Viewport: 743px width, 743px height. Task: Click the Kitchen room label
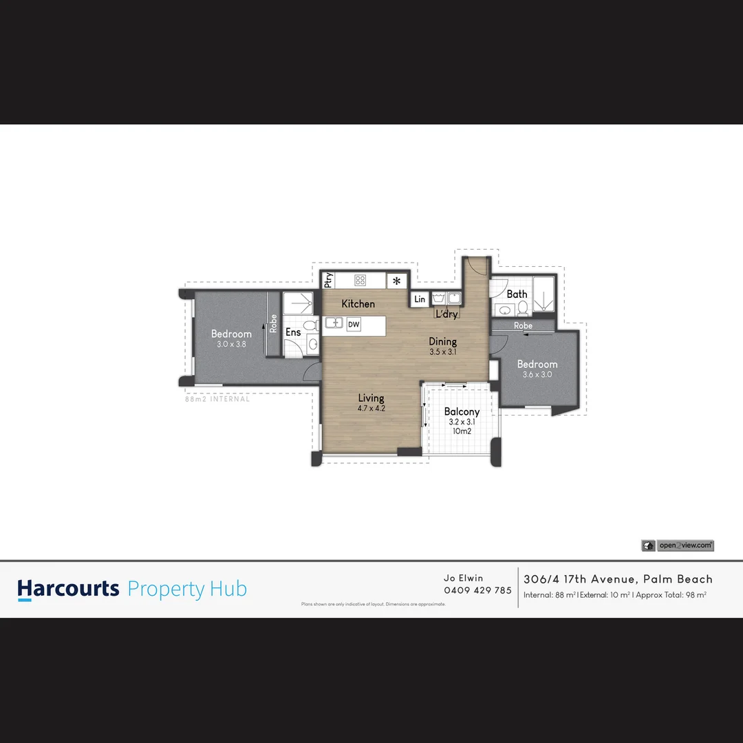pyautogui.click(x=358, y=304)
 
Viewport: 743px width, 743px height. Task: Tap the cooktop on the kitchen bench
pyautogui.click(x=360, y=280)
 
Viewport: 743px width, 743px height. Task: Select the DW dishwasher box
pyautogui.click(x=354, y=324)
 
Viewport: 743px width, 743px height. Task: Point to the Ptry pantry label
pyautogui.click(x=329, y=280)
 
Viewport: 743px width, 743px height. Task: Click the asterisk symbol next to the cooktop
pyautogui.click(x=397, y=281)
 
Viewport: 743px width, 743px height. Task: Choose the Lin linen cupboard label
pyautogui.click(x=420, y=299)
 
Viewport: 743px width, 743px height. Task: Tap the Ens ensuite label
pyautogui.click(x=293, y=333)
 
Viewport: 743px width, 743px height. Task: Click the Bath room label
pyautogui.click(x=517, y=294)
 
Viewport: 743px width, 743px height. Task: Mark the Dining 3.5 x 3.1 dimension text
pyautogui.click(x=443, y=352)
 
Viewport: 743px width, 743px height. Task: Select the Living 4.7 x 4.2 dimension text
pyautogui.click(x=371, y=408)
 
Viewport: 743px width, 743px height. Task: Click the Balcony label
pyautogui.click(x=462, y=412)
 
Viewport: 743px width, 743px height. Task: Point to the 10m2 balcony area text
pyautogui.click(x=462, y=431)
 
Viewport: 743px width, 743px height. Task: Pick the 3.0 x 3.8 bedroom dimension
pyautogui.click(x=231, y=344)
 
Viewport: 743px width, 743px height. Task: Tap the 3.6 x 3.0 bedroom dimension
pyautogui.click(x=537, y=374)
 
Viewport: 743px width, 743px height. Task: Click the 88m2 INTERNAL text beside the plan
pyautogui.click(x=217, y=399)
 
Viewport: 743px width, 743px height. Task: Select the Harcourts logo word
pyautogui.click(x=68, y=589)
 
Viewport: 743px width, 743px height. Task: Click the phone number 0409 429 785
pyautogui.click(x=478, y=590)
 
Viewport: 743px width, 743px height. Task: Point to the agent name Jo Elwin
pyautogui.click(x=463, y=579)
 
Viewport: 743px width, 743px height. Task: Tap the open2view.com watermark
pyautogui.click(x=685, y=546)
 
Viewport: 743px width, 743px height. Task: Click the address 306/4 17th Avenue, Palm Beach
pyautogui.click(x=618, y=579)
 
